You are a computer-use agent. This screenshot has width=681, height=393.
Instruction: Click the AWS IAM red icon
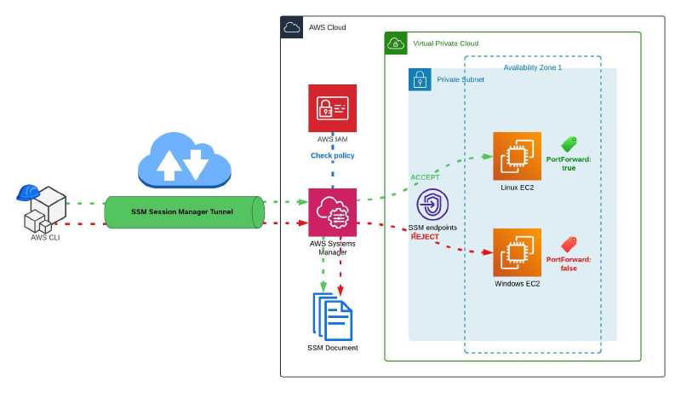pos(332,108)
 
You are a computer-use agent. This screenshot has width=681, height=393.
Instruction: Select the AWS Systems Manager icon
pos(332,213)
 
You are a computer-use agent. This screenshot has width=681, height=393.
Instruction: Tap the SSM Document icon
pos(332,315)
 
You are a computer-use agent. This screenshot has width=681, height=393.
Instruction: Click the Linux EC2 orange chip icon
pos(518,156)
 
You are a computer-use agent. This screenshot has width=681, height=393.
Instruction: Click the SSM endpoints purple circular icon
pos(432,206)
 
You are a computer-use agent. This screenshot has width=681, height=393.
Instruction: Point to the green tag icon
pos(569,144)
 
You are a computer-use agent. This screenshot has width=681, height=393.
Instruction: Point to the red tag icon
pos(569,244)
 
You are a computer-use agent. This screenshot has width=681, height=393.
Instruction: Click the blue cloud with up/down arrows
pos(185,160)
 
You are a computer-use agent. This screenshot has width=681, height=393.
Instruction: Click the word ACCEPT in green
pos(425,177)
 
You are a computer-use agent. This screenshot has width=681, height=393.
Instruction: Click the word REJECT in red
pos(425,236)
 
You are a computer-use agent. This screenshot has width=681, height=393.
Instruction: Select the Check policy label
pos(332,155)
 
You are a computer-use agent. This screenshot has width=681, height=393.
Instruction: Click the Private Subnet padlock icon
pos(420,79)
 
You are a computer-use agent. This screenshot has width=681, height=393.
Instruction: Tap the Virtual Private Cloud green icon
pos(396,43)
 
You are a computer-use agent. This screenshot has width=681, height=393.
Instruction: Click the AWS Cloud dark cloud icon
pos(291,27)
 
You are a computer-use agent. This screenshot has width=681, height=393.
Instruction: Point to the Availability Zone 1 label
pos(532,66)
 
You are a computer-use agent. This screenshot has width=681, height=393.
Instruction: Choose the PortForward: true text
pos(569,164)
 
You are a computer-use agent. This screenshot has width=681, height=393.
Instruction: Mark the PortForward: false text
pos(569,263)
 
